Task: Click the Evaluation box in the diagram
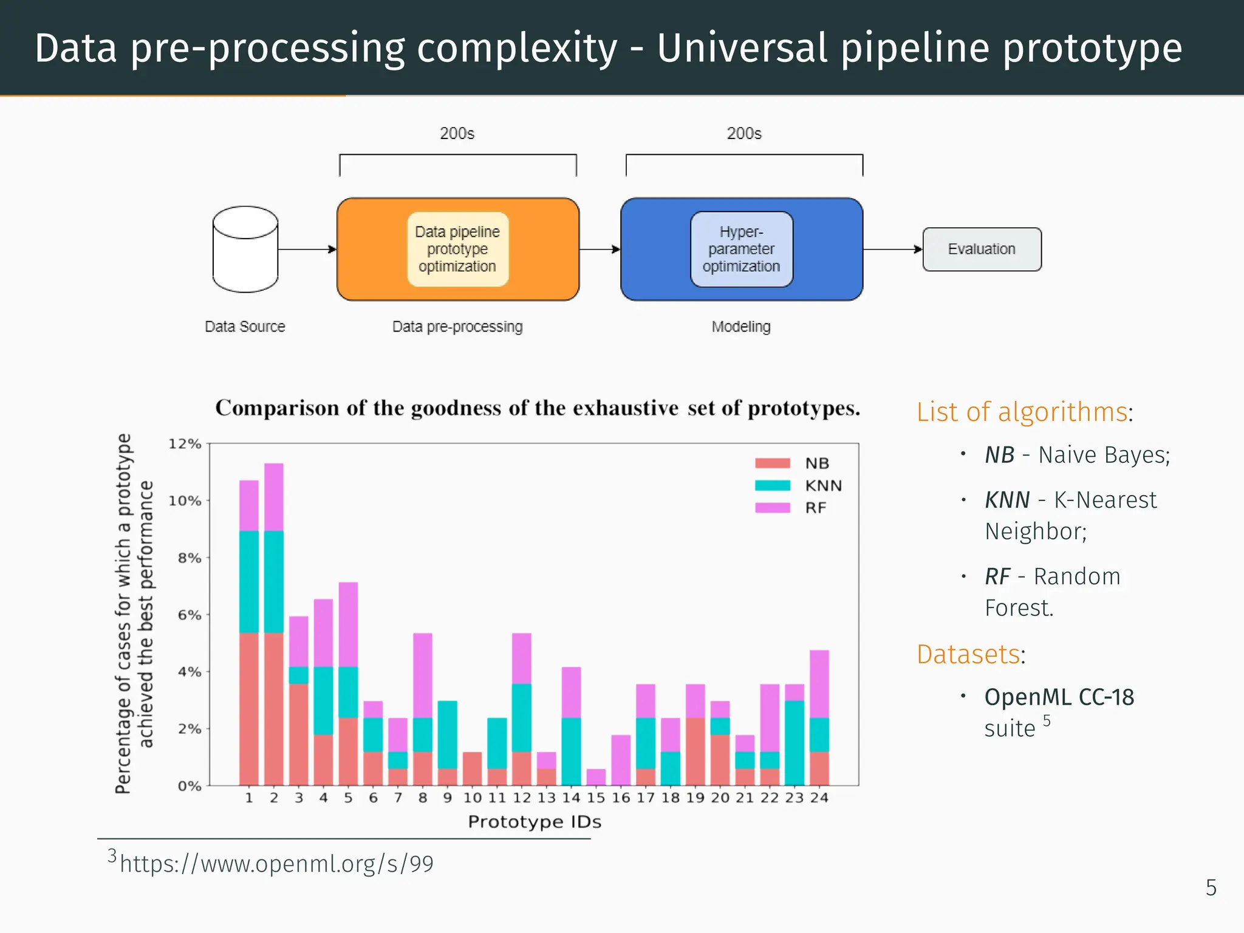(982, 249)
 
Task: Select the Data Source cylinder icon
(245, 249)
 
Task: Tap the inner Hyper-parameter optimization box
(741, 249)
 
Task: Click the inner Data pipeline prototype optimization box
(457, 249)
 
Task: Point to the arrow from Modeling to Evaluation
(892, 249)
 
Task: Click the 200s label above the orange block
(457, 133)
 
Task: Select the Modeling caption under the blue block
(741, 326)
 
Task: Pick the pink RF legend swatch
(772, 508)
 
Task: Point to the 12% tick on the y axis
(185, 444)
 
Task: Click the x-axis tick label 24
(819, 798)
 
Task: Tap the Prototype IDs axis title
(535, 822)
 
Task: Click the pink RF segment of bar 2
(274, 497)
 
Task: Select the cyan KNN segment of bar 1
(249, 582)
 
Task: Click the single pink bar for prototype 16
(621, 760)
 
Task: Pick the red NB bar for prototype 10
(472, 768)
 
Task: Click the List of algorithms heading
(1023, 412)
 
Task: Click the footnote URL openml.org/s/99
(276, 864)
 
